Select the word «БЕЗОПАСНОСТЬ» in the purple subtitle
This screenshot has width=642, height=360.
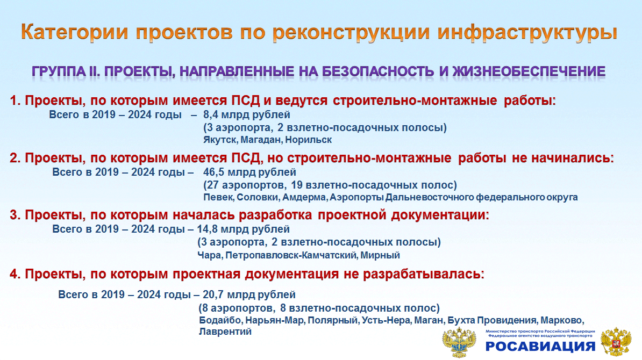coord(378,71)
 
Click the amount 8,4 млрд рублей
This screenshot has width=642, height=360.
coord(246,114)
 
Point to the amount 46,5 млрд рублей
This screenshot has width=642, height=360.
coord(249,172)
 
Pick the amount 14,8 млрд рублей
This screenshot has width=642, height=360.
coord(243,229)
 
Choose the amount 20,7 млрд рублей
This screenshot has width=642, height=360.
coord(249,294)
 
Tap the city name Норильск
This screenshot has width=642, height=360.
coord(308,140)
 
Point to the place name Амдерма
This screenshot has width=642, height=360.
coord(304,197)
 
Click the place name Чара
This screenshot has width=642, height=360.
coord(209,256)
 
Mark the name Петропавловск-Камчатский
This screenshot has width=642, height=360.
coord(291,256)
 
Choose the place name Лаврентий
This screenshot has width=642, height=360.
coord(225,332)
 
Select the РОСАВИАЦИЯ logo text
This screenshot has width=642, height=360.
coord(540,347)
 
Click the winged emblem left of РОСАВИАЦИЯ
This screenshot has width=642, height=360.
coord(459,342)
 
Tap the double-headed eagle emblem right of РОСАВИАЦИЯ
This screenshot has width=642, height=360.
coord(616,342)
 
